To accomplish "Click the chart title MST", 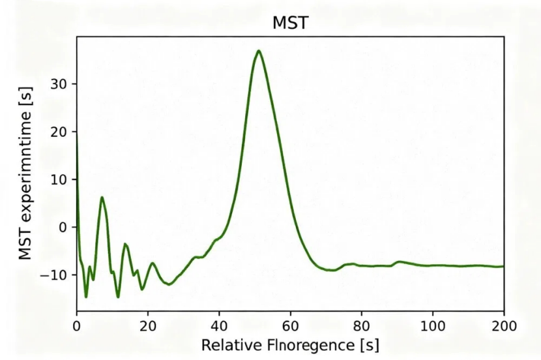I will [289, 24].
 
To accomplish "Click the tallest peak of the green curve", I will [259, 51].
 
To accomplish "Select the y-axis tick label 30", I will [60, 84].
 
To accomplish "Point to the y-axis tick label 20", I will [60, 132].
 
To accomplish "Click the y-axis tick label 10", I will [60, 179].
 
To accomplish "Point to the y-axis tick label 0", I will [64, 227].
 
